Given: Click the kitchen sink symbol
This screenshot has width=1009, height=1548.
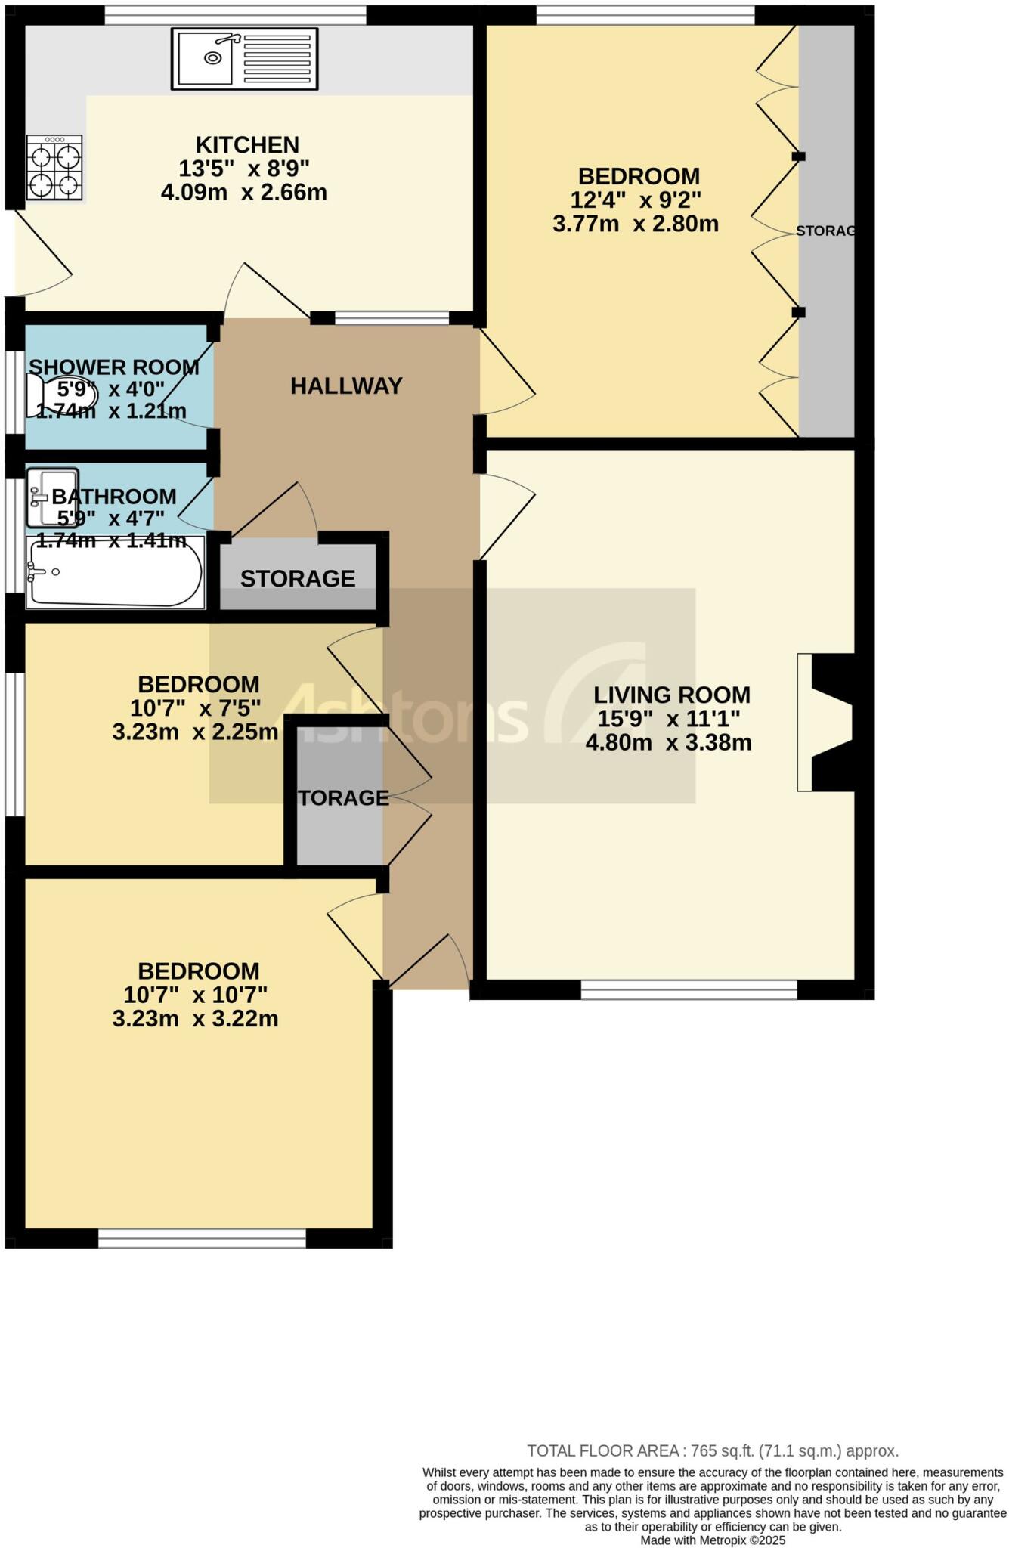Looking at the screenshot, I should point(244,58).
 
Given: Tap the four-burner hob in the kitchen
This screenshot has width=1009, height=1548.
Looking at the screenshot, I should point(54,167).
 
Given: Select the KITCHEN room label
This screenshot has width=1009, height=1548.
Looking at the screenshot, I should point(247,144).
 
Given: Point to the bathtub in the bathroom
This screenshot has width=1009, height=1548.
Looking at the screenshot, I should point(115,572).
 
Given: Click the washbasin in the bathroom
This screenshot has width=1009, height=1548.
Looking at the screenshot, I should point(52,497).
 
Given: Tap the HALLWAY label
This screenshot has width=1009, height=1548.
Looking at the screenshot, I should point(346,386).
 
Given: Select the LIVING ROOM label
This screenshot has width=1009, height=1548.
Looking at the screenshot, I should point(671,695).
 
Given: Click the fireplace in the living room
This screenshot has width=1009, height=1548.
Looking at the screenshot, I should point(825,722).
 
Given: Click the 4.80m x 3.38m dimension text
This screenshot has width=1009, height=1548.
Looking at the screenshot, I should point(668,742).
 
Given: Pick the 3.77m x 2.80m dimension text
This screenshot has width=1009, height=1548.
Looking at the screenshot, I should point(635,224).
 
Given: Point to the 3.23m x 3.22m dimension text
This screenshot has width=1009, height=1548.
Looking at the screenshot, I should point(195,1019).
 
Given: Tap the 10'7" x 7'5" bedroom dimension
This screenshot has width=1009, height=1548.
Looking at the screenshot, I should point(195,708).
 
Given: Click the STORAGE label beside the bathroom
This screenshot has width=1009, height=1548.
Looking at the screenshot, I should point(298,579).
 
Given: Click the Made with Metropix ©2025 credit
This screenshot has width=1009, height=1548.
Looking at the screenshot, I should point(712,1540).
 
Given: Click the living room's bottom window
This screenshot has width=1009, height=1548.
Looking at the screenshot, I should point(689,989).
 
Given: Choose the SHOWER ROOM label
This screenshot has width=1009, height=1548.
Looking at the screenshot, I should point(114,367).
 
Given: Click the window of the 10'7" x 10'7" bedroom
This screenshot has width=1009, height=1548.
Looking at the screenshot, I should point(202,1238).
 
